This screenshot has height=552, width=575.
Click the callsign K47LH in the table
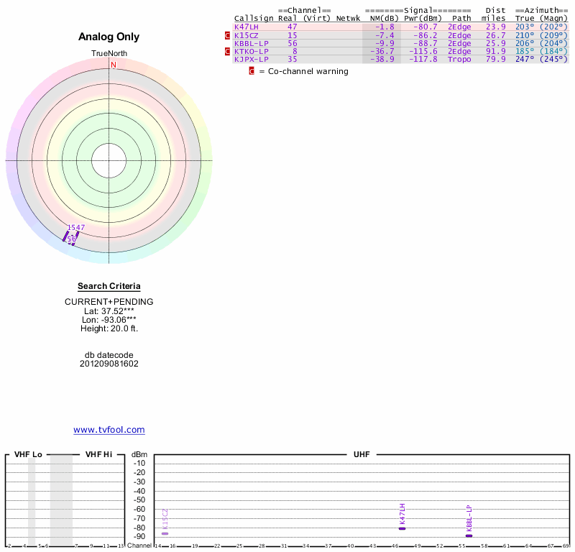click(x=247, y=27)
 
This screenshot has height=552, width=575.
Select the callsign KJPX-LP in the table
click(x=252, y=59)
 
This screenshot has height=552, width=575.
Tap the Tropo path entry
click(x=459, y=59)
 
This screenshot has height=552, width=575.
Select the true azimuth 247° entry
click(x=526, y=59)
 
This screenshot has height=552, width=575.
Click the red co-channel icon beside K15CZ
click(x=228, y=34)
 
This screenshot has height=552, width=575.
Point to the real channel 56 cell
click(x=292, y=43)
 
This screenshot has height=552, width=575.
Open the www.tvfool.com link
click(x=109, y=430)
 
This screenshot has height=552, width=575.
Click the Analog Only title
click(x=109, y=37)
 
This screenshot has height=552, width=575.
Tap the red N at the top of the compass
click(x=113, y=65)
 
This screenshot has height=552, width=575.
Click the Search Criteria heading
click(x=109, y=286)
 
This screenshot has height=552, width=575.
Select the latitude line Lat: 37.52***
click(x=109, y=310)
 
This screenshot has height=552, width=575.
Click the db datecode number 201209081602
click(x=109, y=364)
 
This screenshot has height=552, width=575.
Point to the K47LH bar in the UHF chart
click(x=402, y=528)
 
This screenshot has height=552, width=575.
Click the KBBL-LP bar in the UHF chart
click(x=469, y=535)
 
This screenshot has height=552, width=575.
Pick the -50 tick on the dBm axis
click(x=139, y=500)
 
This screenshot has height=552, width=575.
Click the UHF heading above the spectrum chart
click(x=360, y=455)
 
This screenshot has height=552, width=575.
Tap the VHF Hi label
click(x=98, y=455)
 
